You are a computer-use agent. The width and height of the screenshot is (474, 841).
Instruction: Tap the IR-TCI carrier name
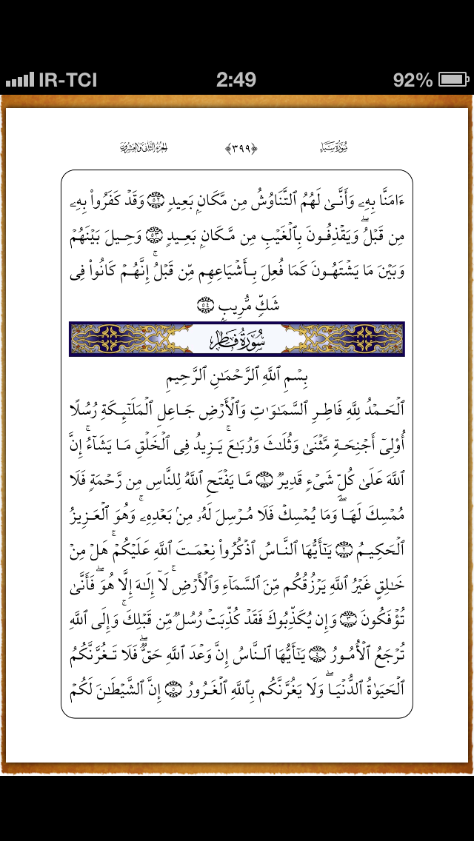68,80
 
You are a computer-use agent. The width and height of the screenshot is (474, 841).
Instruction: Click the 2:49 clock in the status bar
236,80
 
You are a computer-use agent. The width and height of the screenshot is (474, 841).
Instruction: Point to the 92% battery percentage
413,80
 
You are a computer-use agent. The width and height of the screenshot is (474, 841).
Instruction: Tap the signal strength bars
20,80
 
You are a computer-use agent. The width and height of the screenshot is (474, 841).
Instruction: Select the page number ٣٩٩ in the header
241,148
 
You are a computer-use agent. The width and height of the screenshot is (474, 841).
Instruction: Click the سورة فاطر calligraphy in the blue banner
236,338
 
